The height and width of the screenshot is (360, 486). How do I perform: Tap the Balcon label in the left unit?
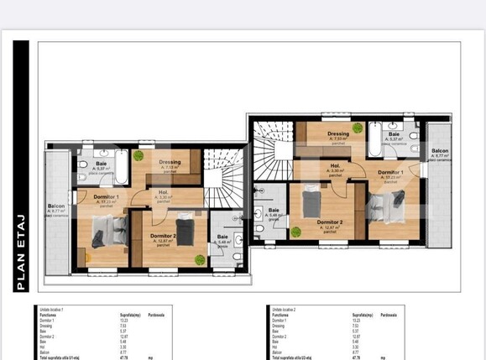(x=57, y=206)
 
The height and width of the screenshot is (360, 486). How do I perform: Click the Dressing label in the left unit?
(x=170, y=162)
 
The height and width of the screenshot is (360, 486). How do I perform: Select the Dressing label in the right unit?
(x=338, y=133)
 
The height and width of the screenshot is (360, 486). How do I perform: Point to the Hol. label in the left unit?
(x=165, y=193)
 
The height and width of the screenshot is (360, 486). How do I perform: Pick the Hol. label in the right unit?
(x=334, y=166)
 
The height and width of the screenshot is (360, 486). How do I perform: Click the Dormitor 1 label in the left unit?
(x=106, y=196)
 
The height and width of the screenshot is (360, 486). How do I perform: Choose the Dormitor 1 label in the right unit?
(x=390, y=172)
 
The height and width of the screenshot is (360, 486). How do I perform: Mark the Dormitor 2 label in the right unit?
(x=331, y=222)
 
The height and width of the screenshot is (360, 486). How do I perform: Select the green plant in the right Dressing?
(x=358, y=128)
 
